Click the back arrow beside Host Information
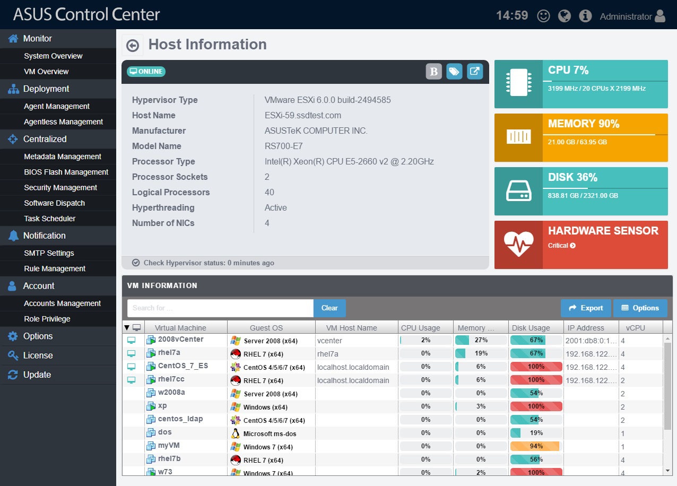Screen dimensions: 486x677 (x=133, y=46)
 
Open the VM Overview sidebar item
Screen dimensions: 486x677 (x=46, y=72)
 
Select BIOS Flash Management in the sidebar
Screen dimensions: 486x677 (x=66, y=172)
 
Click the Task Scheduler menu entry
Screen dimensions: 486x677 (x=50, y=219)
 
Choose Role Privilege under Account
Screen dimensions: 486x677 (x=47, y=319)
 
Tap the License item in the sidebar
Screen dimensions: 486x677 (x=38, y=355)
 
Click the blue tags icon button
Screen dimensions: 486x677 (x=454, y=72)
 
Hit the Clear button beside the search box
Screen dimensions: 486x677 (x=329, y=308)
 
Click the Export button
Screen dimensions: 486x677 (x=586, y=308)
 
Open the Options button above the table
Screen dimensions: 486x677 (x=640, y=308)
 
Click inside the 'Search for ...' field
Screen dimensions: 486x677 (x=220, y=308)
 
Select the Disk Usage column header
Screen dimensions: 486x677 (x=531, y=328)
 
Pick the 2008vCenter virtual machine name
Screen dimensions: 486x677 (x=180, y=340)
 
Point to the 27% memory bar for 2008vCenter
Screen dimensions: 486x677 (x=480, y=340)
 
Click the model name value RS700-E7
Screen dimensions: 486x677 (x=284, y=146)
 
